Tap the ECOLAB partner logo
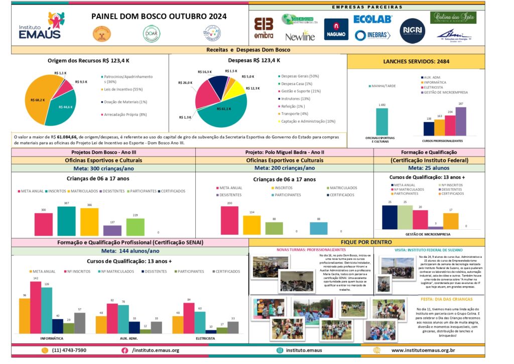[x=372, y=19]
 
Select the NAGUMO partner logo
[x=336, y=30]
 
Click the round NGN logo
[x=413, y=31]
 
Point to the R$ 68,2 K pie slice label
[x=38, y=100]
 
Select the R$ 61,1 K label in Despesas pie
[x=223, y=109]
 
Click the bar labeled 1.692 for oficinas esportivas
[x=382, y=122]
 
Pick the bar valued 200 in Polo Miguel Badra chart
[x=229, y=220]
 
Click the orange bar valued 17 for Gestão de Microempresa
[x=451, y=221]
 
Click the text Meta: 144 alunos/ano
[x=131, y=251]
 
